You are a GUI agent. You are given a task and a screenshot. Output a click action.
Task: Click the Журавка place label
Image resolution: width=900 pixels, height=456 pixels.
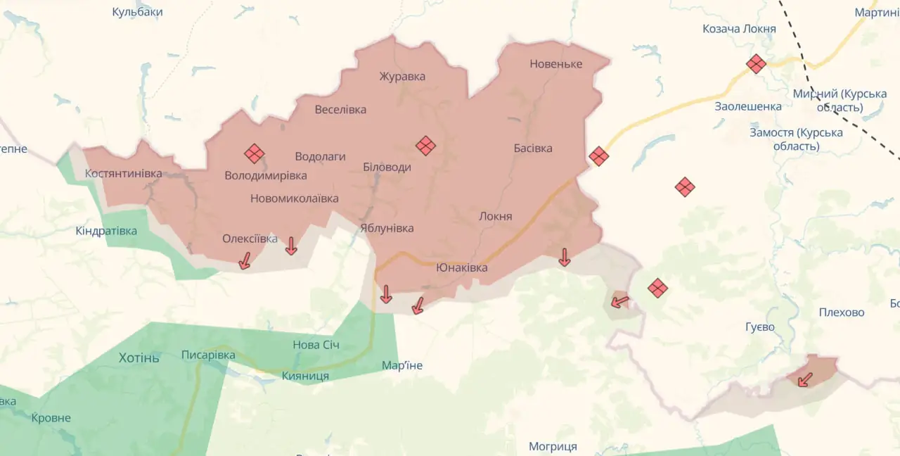pos(402,77)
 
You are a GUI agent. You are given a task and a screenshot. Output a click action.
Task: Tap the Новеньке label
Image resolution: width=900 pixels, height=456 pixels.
pos(556,64)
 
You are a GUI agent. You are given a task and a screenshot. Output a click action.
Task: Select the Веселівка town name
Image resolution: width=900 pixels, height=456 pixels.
pos(340,109)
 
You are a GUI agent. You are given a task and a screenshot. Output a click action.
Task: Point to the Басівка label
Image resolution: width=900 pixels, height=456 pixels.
pos(533,148)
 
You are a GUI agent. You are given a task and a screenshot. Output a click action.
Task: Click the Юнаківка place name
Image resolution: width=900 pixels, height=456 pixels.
pos(461,267)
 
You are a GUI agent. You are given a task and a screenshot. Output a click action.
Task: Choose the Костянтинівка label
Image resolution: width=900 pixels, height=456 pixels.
pos(123,173)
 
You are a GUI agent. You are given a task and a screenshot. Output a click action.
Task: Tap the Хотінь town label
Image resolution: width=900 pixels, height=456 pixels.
pos(139,357)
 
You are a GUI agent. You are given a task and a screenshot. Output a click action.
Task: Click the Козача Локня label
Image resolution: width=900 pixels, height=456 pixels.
pos(739,29)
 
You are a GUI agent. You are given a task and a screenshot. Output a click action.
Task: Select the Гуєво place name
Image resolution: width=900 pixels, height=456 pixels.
pos(760,327)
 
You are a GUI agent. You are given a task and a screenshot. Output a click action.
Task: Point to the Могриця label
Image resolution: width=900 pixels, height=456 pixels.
pos(553,447)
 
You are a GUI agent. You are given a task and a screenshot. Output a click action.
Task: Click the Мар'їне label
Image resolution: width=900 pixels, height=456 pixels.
pos(402,365)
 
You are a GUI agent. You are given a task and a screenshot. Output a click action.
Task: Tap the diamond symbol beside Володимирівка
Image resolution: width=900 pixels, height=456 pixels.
pos(254,153)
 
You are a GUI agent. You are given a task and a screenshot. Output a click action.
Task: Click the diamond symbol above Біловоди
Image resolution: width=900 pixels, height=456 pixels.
pos(425,146)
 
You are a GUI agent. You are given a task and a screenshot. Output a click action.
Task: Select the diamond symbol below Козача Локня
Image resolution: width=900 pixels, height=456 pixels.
pos(756,64)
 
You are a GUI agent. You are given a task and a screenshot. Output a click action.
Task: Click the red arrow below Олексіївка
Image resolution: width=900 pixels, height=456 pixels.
pos(245,261)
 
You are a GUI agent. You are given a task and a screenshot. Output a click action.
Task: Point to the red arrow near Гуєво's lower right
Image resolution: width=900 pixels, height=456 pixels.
pos(804,380)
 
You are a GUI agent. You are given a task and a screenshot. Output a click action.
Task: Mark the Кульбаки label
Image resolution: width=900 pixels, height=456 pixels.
pos(138,12)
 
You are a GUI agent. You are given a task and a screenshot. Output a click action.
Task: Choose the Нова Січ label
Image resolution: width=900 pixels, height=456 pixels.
pos(316,345)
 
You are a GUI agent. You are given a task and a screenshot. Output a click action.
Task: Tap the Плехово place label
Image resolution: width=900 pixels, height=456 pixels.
pos(842,312)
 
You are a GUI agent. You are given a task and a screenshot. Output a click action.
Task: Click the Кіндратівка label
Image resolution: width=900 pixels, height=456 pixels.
pos(106,231)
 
